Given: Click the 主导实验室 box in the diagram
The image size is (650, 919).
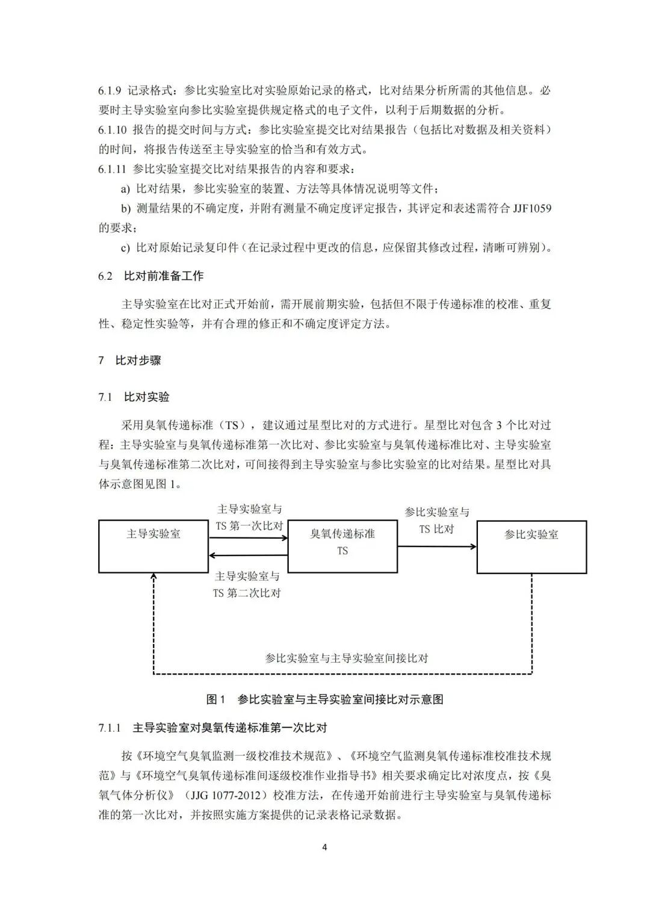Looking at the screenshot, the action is tap(153, 546).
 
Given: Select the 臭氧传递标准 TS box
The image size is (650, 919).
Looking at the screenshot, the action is tap(342, 546).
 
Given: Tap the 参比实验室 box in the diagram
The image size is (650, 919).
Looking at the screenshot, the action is tap(531, 546).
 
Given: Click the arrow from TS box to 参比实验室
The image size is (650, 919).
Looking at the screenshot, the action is tap(437, 546).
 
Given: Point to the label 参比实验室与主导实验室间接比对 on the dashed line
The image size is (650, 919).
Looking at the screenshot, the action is tap(347, 658).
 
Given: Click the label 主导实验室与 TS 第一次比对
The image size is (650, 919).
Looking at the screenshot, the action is tap(249, 518).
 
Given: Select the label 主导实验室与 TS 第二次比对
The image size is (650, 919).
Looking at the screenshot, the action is tap(247, 584).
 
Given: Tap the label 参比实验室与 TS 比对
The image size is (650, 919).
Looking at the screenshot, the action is tap(437, 521).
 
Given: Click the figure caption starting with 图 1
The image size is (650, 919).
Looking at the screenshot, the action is tap(325, 699).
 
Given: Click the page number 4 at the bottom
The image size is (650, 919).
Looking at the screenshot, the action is tap(325, 847).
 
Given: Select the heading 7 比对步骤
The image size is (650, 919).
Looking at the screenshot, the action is tap(130, 360).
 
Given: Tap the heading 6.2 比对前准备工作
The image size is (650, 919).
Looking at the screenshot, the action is tap(151, 276).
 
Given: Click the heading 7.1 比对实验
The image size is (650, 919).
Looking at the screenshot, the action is tap(134, 397).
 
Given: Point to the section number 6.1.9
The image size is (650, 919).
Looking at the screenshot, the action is tap(110, 91).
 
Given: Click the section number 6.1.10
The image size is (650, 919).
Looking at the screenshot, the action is tap(113, 130).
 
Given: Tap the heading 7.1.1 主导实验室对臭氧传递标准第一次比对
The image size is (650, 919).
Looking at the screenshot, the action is tap(213, 728).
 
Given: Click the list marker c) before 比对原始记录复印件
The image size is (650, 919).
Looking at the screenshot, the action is tap(125, 248).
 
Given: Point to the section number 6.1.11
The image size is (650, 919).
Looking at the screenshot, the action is tap(113, 169).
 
